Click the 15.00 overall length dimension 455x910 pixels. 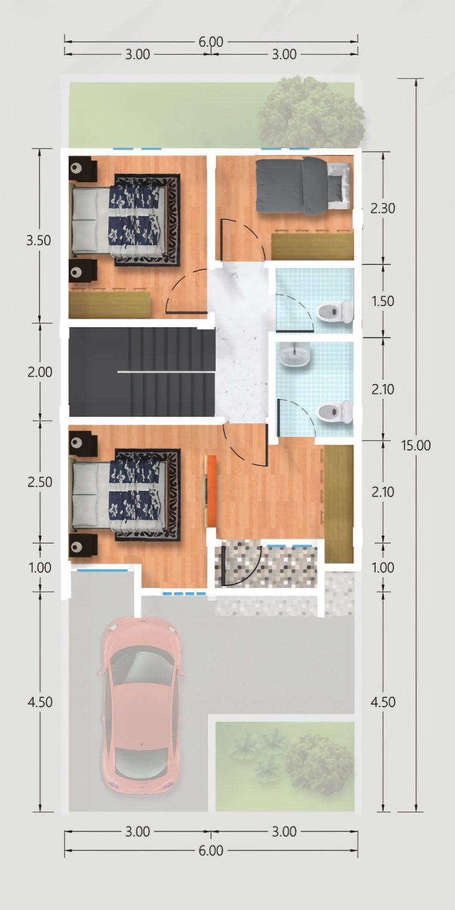click(x=416, y=445)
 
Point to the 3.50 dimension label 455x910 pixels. click(x=39, y=240)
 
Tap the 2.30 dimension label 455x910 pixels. click(x=382, y=208)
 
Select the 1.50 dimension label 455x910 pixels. click(x=382, y=301)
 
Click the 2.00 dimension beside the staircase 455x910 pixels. click(x=40, y=372)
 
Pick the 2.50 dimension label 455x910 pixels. click(x=40, y=482)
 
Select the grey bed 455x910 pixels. click(x=304, y=186)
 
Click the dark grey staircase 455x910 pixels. click(x=142, y=372)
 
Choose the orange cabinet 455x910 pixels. click(x=210, y=490)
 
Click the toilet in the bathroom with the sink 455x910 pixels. click(x=335, y=412)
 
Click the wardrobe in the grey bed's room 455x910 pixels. click(x=312, y=246)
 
